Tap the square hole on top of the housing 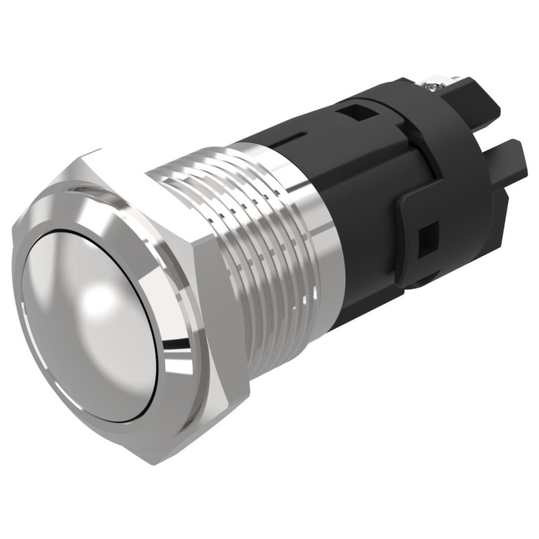(350, 112)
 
